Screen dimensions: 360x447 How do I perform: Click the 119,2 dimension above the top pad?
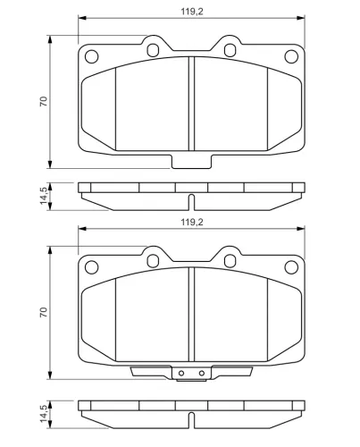[192, 12]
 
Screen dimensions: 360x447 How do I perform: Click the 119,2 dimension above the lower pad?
[192, 222]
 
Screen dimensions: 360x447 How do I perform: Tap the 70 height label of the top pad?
[44, 102]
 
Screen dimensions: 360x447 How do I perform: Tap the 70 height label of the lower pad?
[44, 312]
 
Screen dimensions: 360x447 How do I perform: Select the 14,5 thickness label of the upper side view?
[44, 196]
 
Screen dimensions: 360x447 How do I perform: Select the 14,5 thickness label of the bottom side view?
[44, 414]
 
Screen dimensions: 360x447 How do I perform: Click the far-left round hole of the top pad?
[91, 56]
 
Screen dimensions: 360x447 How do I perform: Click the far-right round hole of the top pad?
[291, 56]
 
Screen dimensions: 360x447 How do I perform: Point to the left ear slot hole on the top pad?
[153, 50]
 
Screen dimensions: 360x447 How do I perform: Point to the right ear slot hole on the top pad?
[230, 50]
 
